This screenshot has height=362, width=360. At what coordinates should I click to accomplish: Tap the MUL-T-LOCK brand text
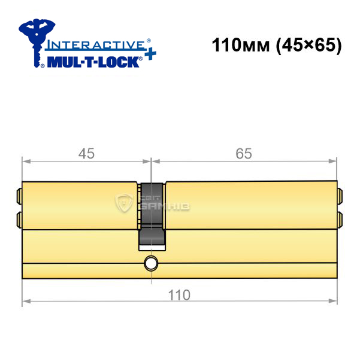pos(93,62)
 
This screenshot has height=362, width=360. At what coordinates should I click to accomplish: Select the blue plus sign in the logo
pos(150,54)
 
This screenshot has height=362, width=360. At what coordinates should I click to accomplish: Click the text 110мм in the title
pos(241,45)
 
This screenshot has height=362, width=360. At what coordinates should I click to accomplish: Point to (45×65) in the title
pos(309,45)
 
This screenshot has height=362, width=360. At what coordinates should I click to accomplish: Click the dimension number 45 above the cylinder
pos(86,153)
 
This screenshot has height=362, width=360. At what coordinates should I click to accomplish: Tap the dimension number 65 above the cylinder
pos(244,153)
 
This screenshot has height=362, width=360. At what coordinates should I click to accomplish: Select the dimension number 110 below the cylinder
pos(179,295)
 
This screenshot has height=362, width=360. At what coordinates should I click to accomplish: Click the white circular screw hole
pos(151,263)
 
